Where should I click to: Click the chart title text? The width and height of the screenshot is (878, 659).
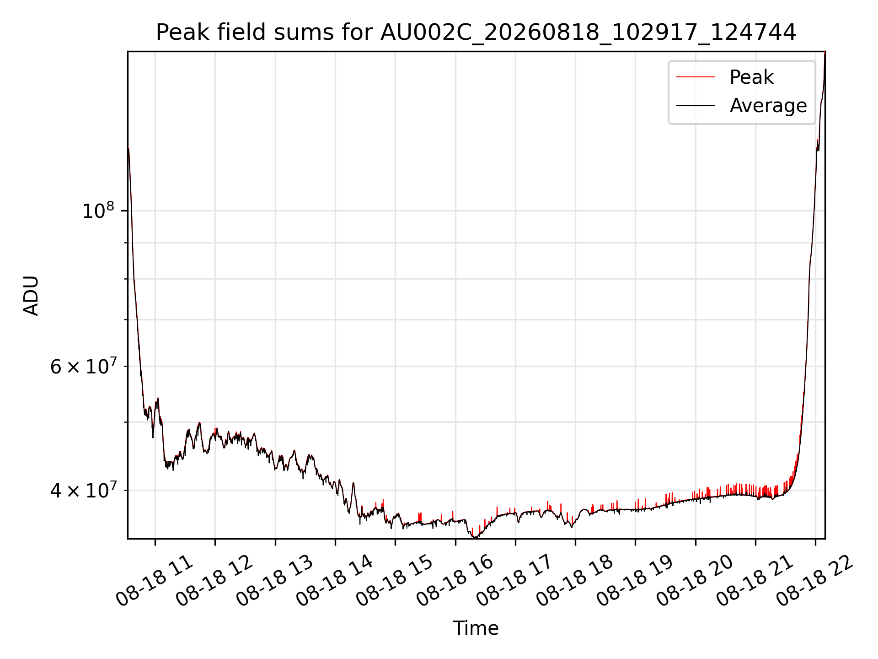click(476, 32)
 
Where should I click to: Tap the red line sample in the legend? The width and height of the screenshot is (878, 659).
click(695, 77)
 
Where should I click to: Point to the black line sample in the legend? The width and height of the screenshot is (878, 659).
click(695, 106)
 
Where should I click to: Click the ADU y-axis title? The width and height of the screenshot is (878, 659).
click(31, 295)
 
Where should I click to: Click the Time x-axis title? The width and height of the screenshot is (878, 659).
click(476, 628)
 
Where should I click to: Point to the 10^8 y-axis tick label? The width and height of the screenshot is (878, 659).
click(98, 211)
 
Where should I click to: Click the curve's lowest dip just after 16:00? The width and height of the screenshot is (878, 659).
click(475, 537)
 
